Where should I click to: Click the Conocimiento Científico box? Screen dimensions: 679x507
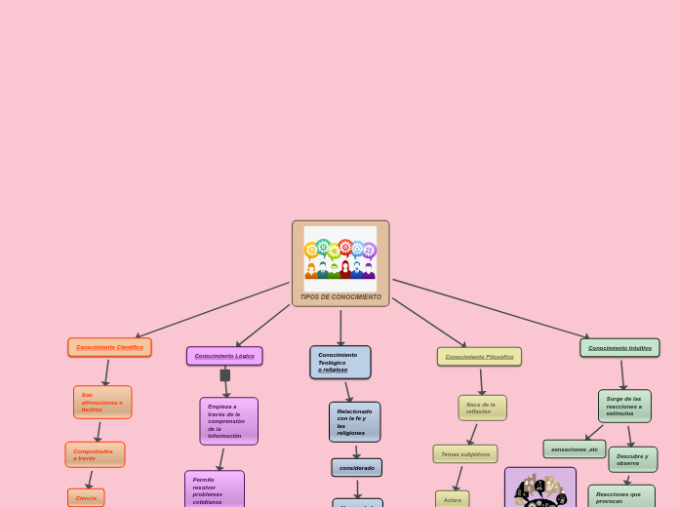(109, 347)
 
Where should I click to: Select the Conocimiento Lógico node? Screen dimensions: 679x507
(224, 356)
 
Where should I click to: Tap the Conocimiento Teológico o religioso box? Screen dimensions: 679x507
(340, 362)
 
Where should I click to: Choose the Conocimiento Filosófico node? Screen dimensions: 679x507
(479, 357)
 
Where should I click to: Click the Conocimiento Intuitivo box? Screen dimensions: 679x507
(619, 348)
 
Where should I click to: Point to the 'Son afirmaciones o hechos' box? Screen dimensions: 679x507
(102, 402)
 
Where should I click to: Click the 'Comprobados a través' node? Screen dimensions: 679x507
(95, 454)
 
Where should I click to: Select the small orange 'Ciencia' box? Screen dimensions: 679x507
(86, 497)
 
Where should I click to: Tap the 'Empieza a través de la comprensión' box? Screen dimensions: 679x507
(228, 421)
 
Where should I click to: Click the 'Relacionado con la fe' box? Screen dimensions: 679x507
(354, 422)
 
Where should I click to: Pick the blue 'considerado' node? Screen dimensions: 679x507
(356, 468)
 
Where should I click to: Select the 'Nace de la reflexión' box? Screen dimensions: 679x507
(482, 408)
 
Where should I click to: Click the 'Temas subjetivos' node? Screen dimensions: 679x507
(465, 454)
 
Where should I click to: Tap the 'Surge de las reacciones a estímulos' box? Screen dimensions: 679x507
(624, 406)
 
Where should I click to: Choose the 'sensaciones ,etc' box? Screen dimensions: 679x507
(574, 449)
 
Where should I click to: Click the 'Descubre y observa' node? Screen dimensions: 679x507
(632, 459)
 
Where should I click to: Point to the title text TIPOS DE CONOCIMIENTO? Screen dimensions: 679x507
(340, 297)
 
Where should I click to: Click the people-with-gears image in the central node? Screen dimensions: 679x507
(340, 255)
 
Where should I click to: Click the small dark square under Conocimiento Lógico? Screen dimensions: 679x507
(225, 375)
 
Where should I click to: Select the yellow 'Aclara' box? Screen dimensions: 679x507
(452, 499)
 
